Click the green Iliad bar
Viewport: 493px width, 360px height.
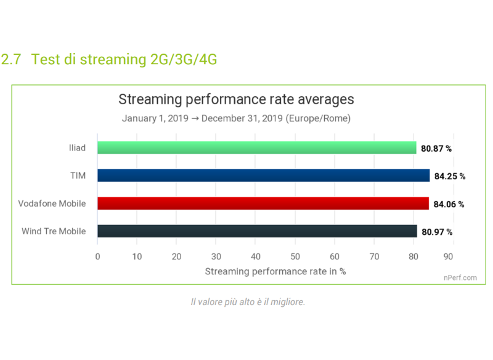[257, 148]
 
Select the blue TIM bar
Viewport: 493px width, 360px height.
[263, 176]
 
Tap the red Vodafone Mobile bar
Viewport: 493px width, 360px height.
[263, 203]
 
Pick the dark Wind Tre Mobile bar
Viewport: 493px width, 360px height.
[258, 232]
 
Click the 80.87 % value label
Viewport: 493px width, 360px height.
[437, 149]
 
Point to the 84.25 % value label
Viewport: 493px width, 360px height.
[449, 176]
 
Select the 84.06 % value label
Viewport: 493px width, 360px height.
[449, 204]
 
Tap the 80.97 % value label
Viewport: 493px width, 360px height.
[437, 232]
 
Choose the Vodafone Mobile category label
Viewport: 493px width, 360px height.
[52, 203]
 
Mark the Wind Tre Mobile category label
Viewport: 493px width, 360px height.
[54, 232]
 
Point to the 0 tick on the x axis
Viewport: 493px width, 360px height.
[97, 256]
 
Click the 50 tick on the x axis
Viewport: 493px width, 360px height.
[295, 256]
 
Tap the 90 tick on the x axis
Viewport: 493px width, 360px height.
[453, 256]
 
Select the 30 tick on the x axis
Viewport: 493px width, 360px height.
[216, 256]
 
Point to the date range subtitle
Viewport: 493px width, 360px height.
[236, 118]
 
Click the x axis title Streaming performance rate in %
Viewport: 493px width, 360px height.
[275, 271]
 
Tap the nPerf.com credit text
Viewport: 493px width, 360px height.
[460, 277]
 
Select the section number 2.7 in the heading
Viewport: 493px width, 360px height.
[11, 60]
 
